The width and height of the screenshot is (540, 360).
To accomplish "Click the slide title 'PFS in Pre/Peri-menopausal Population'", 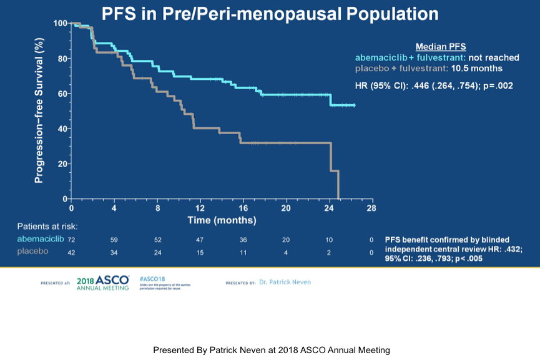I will tap(270, 13).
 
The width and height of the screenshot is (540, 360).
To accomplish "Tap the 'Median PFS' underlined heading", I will tap(441, 46).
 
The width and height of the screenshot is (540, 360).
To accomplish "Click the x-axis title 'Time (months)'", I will tap(222, 220).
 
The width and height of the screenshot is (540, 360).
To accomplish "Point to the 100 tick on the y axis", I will tap(61, 23).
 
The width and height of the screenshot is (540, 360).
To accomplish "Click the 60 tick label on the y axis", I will tap(62, 94).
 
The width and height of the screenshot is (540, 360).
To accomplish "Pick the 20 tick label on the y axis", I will tap(62, 164).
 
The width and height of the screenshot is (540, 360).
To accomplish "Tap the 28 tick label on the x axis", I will tap(371, 208).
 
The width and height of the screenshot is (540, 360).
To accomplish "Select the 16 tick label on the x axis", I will tap(243, 208).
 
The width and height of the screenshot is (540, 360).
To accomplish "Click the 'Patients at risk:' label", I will tap(47, 226).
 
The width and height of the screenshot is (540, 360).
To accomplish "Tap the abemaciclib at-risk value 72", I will tap(71, 240).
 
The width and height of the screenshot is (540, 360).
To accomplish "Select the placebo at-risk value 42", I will tap(71, 253).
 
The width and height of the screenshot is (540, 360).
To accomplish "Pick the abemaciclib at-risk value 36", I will tap(243, 240).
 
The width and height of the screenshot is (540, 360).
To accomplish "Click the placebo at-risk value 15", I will tap(200, 253).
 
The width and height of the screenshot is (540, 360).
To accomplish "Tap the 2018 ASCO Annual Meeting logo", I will tap(102, 283).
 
